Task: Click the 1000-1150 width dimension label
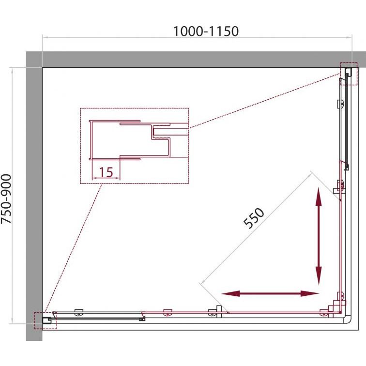206,31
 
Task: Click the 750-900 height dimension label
6,199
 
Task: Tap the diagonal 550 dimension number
254,218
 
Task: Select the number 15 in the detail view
106,172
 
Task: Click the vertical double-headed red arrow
319,236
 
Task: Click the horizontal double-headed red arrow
270,293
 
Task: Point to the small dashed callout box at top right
349,74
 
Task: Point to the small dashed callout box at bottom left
46,320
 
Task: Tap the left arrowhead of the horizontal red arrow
230,293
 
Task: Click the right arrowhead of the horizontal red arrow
310,293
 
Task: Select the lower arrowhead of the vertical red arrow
319,276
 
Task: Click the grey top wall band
196,60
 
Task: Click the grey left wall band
34,196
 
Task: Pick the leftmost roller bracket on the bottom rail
78,313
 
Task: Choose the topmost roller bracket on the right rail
340,104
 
